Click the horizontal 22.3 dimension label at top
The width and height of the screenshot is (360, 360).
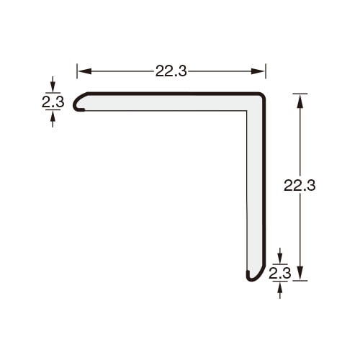click(x=171, y=71)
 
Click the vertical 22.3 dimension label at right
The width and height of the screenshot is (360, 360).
click(x=300, y=185)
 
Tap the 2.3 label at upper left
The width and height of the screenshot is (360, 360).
click(x=53, y=102)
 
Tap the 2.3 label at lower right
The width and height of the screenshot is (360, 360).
click(x=280, y=273)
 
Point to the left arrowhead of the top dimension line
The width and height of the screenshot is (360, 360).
click(x=84, y=71)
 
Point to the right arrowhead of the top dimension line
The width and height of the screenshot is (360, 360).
click(x=258, y=71)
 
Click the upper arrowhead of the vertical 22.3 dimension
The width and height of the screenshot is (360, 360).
click(x=300, y=101)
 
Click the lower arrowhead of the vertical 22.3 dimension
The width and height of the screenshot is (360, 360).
click(x=300, y=273)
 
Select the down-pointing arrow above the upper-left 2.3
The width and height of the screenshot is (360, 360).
click(x=53, y=84)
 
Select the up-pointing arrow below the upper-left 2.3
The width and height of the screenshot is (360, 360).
click(x=53, y=119)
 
